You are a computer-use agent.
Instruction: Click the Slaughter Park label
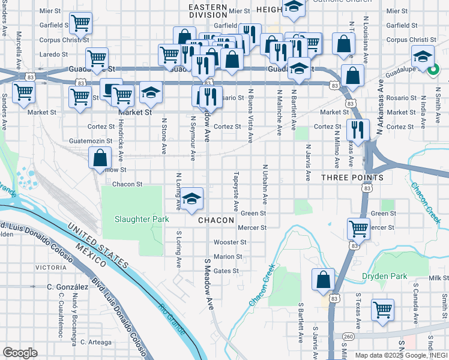(142, 220)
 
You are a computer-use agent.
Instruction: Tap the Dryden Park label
(384, 277)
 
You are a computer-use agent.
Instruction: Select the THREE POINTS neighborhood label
(352, 178)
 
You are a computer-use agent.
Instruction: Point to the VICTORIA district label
(51, 267)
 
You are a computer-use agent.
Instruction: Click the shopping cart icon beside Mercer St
(358, 228)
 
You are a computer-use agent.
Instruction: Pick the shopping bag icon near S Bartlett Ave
(323, 279)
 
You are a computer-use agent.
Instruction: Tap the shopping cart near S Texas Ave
(382, 310)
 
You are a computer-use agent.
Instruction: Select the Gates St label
(226, 271)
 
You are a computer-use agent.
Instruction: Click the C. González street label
(68, 287)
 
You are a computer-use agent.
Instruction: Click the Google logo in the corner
(20, 353)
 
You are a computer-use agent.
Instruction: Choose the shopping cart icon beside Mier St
(80, 23)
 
